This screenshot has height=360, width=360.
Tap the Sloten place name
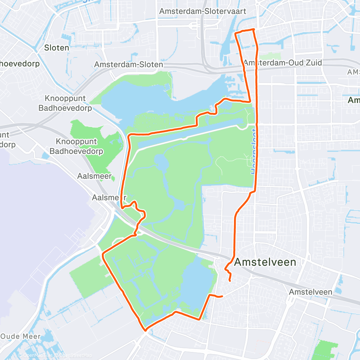click(x=57, y=47)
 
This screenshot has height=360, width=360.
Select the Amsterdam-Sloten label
click(x=129, y=64)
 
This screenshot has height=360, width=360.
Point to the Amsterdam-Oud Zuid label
click(x=283, y=63)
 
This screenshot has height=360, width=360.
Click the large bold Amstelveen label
click(x=265, y=262)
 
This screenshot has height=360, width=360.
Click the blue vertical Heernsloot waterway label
click(x=254, y=151)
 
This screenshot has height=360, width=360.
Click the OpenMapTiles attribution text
click(x=38, y=355)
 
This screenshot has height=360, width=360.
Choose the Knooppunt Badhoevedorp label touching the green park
click(x=76, y=146)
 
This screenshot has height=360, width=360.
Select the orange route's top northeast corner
click(x=254, y=29)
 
